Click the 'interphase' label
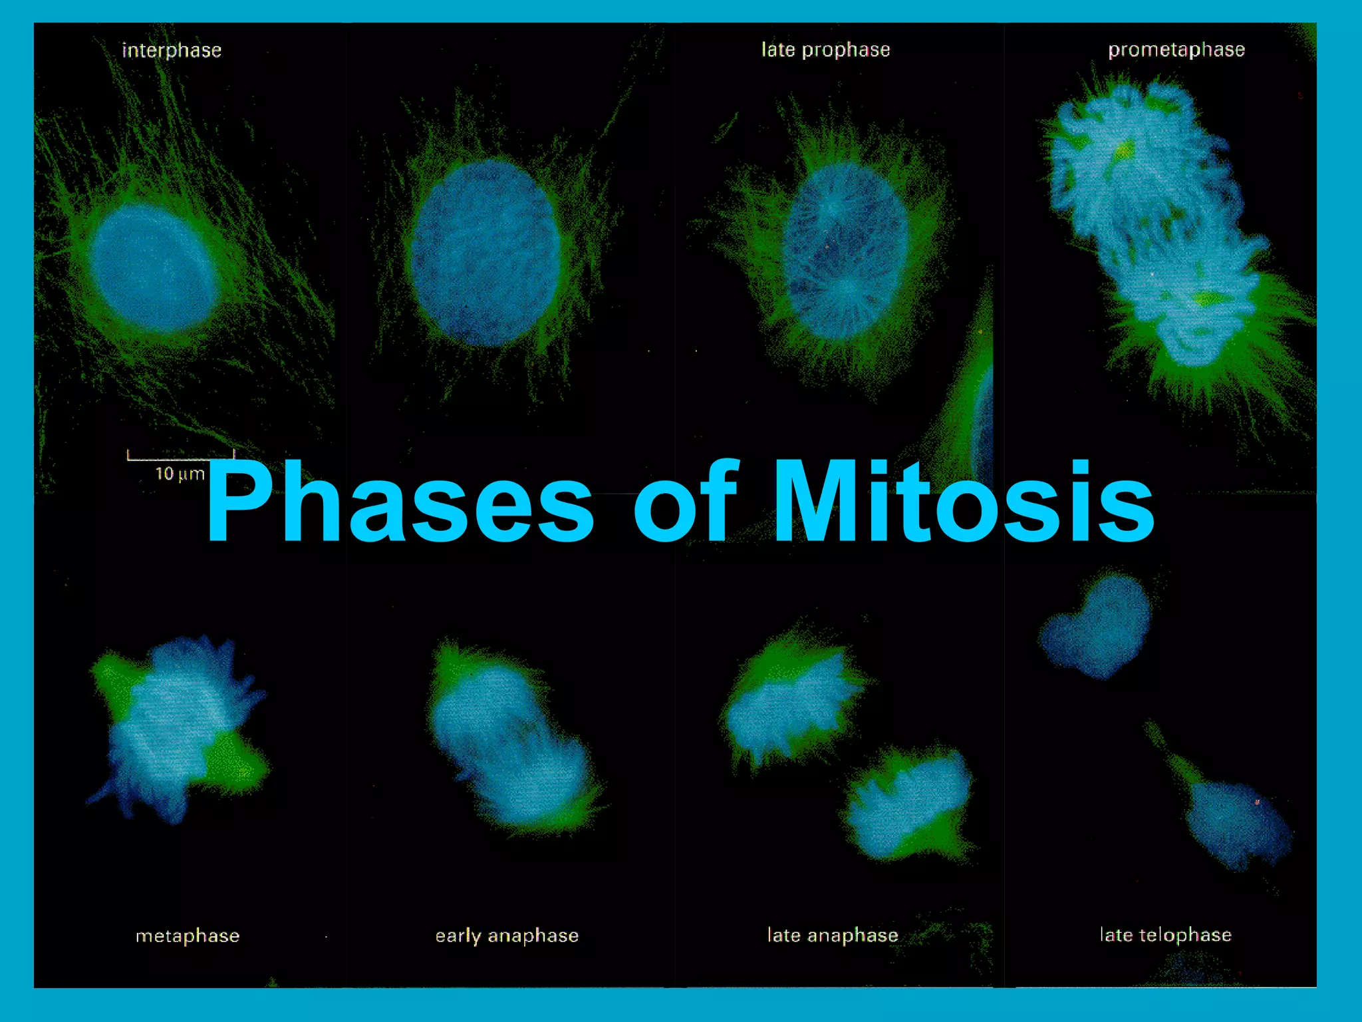click(172, 51)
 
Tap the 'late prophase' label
click(825, 50)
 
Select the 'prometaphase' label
click(1176, 50)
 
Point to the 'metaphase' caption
click(187, 936)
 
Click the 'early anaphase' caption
click(507, 936)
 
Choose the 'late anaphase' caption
click(833, 935)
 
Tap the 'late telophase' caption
click(1165, 935)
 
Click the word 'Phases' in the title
click(399, 502)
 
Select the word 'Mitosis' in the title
click(964, 502)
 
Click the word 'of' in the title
click(685, 502)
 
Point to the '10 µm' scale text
click(180, 474)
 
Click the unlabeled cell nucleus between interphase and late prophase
click(485, 253)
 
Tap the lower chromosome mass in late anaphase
click(908, 805)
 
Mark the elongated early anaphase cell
click(512, 739)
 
